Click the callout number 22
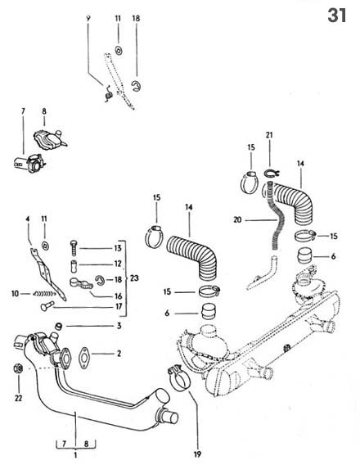click(17, 398)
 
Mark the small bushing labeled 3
click(58, 328)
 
